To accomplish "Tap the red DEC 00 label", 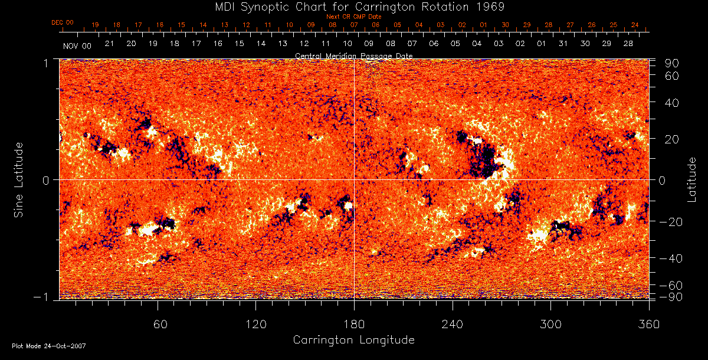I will tap(63, 22).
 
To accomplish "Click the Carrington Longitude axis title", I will tap(353, 340).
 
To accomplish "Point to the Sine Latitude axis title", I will tap(19, 179).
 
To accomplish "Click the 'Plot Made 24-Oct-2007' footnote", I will tap(49, 346).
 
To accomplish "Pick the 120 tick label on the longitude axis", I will tap(256, 324).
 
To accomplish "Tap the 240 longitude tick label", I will tap(453, 324).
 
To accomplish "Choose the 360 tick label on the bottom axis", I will tap(649, 324).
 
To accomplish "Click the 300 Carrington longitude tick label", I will tap(550, 324).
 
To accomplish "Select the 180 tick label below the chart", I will tap(354, 324).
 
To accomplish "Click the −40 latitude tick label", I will tap(671, 259).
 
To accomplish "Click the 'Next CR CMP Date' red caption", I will tap(354, 17).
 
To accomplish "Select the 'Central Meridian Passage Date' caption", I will tap(354, 55).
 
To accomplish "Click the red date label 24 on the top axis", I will tap(635, 25).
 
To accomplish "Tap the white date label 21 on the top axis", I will tap(109, 44).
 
